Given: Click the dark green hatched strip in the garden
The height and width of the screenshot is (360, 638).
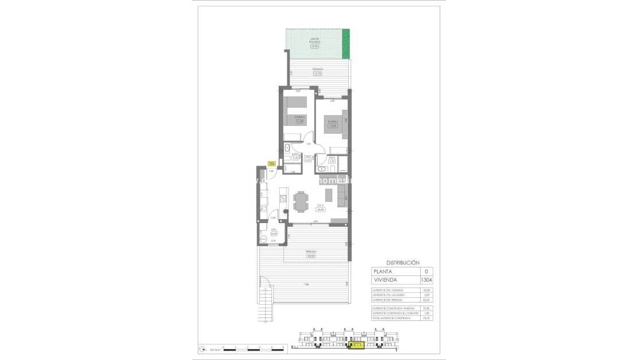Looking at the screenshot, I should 345,44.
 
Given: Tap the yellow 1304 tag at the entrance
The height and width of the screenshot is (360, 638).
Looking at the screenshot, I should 272,163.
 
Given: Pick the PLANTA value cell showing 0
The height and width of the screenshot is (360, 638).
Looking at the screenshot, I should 426,271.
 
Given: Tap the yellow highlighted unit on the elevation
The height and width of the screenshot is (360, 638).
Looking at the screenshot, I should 356,346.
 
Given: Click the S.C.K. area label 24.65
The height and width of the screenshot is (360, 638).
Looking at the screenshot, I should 321,209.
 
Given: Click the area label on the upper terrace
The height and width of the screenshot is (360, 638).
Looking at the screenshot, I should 317,73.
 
